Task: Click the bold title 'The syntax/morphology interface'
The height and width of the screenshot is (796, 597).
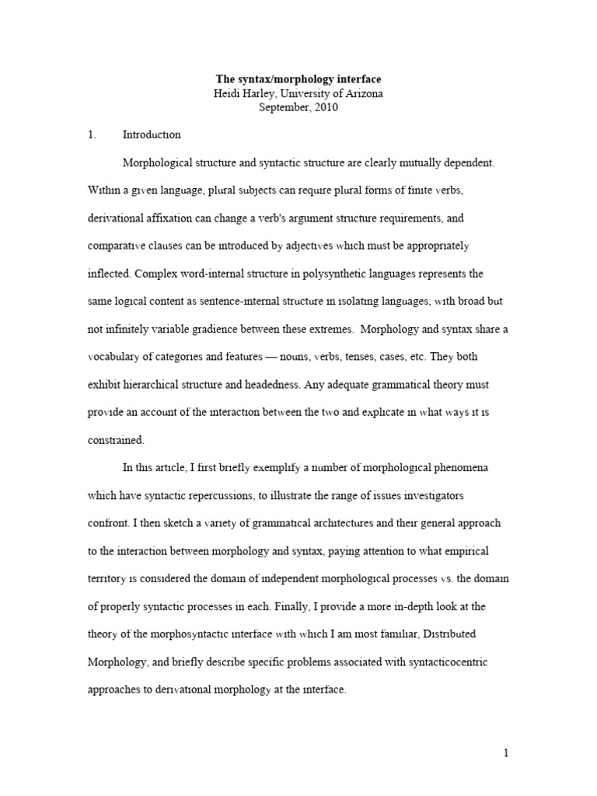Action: (298, 80)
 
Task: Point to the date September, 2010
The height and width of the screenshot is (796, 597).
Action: (298, 108)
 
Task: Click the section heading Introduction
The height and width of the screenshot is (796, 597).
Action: (152, 134)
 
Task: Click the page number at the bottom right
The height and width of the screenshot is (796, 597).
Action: (505, 752)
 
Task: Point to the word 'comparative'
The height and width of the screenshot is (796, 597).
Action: (120, 246)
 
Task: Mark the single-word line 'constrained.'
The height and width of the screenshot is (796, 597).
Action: (116, 440)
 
